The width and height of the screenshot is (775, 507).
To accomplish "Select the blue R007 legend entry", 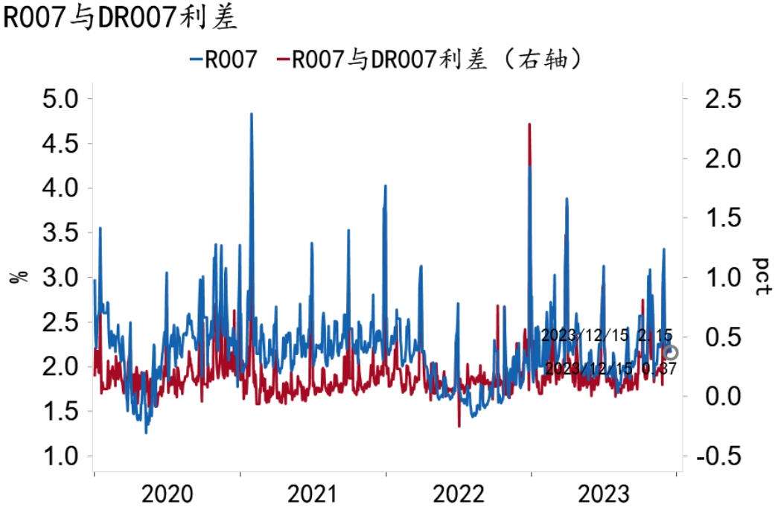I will [x=223, y=60].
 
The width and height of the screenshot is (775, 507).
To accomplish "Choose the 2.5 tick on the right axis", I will [x=721, y=99].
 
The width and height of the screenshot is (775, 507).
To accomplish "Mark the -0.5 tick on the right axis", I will [x=718, y=456].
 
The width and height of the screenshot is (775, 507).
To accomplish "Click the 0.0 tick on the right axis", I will [x=721, y=397].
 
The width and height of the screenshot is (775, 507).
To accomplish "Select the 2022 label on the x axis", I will [x=459, y=493].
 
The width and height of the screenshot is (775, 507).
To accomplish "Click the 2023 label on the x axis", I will [x=605, y=493].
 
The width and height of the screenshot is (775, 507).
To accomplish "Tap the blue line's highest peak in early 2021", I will [x=251, y=115].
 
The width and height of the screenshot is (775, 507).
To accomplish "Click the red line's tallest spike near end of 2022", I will [x=529, y=125].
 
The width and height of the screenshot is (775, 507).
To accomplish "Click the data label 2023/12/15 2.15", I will [x=607, y=336].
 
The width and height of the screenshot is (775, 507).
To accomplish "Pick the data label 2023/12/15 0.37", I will [x=610, y=368].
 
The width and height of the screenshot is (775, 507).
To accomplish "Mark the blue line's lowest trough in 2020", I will [x=146, y=432].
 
